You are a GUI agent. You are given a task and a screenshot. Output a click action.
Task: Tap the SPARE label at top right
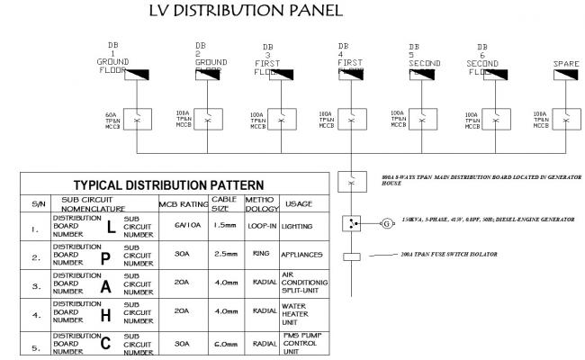pos(564,63)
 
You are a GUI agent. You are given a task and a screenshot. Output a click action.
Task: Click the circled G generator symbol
pos(388,222)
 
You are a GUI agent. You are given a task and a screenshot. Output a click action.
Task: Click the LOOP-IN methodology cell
pos(260,229)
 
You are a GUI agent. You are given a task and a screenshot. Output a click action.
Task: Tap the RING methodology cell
pos(260,256)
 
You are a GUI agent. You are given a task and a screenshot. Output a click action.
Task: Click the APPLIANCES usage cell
pos(303,256)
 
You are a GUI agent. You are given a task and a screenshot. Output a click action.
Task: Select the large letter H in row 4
pos(104,315)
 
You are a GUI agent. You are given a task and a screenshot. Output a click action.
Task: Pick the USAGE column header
pos(302,204)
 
